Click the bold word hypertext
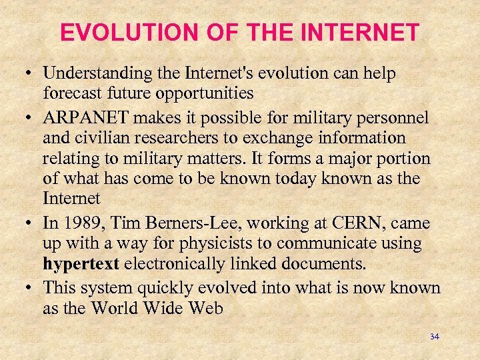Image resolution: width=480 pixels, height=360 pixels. [81, 263]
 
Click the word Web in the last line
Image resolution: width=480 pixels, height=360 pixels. [206, 307]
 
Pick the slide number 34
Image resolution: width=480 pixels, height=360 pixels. [434, 337]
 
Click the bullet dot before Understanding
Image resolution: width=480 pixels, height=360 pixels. [32, 74]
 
